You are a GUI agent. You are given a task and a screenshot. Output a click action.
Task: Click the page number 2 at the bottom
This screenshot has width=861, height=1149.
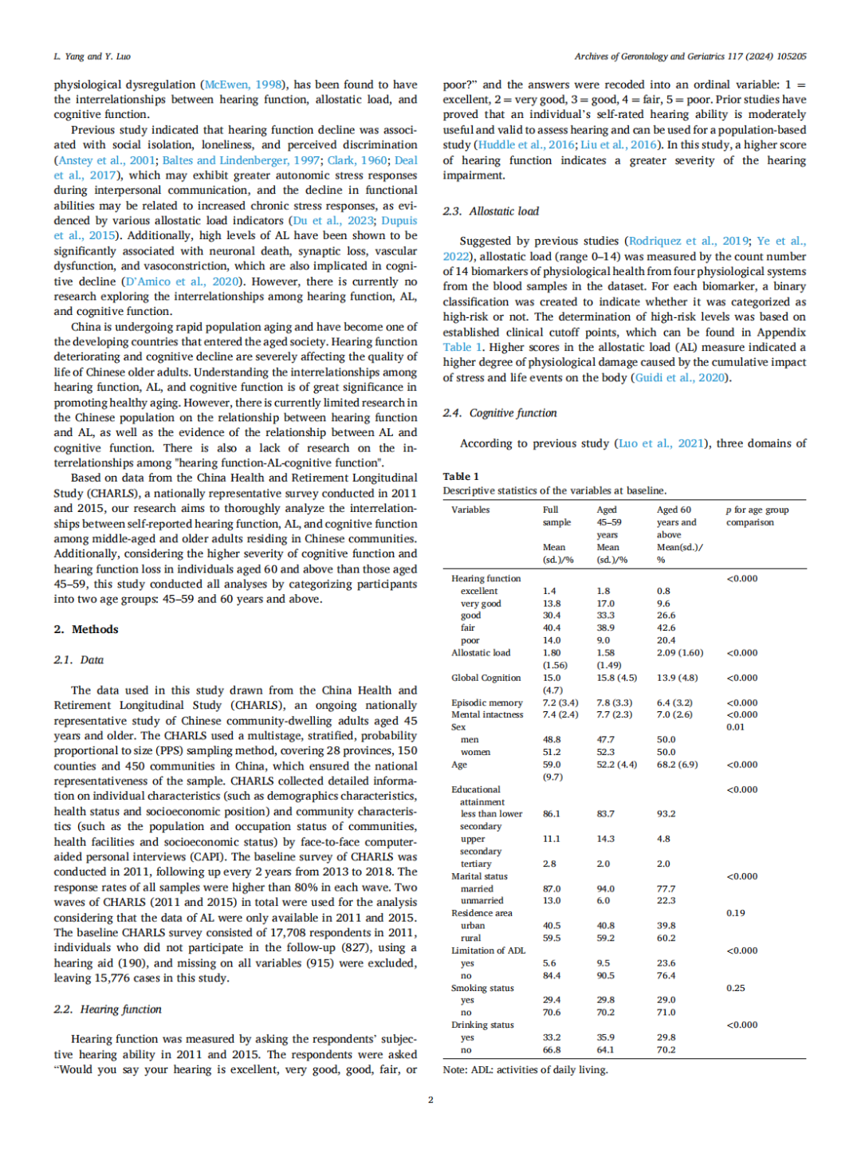pos(431,1100)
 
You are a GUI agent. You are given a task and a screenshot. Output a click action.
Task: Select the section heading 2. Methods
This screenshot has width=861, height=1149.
pos(86,629)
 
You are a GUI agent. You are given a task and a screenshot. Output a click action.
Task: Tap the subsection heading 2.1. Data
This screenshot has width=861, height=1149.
pos(79,659)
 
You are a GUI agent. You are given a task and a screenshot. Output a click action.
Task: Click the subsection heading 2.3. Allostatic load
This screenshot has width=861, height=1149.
pos(491,211)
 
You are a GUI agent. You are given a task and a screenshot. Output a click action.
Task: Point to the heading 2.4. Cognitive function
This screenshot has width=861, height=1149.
pos(500,413)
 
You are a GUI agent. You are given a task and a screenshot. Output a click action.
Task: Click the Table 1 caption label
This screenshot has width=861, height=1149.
pos(461,476)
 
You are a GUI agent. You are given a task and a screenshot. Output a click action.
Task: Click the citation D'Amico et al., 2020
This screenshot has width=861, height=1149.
pos(182,281)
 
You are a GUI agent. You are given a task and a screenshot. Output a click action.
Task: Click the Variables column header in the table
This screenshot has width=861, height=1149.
pos(470,510)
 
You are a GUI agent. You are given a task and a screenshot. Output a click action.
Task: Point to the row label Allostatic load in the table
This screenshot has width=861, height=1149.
pos(481,652)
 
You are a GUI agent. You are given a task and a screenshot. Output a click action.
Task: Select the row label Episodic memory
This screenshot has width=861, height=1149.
pos(487,702)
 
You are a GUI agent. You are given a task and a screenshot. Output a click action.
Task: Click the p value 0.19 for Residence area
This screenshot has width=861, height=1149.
pos(736,913)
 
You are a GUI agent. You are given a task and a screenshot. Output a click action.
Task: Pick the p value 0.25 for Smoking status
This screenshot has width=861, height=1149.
pos(736,988)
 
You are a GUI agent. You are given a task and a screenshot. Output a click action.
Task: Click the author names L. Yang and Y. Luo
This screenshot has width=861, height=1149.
pos(92,57)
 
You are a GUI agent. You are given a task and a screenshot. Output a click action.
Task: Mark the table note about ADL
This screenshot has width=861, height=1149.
pos(525,1069)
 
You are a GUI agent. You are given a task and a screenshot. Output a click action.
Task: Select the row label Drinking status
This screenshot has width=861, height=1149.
pos(482,1025)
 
